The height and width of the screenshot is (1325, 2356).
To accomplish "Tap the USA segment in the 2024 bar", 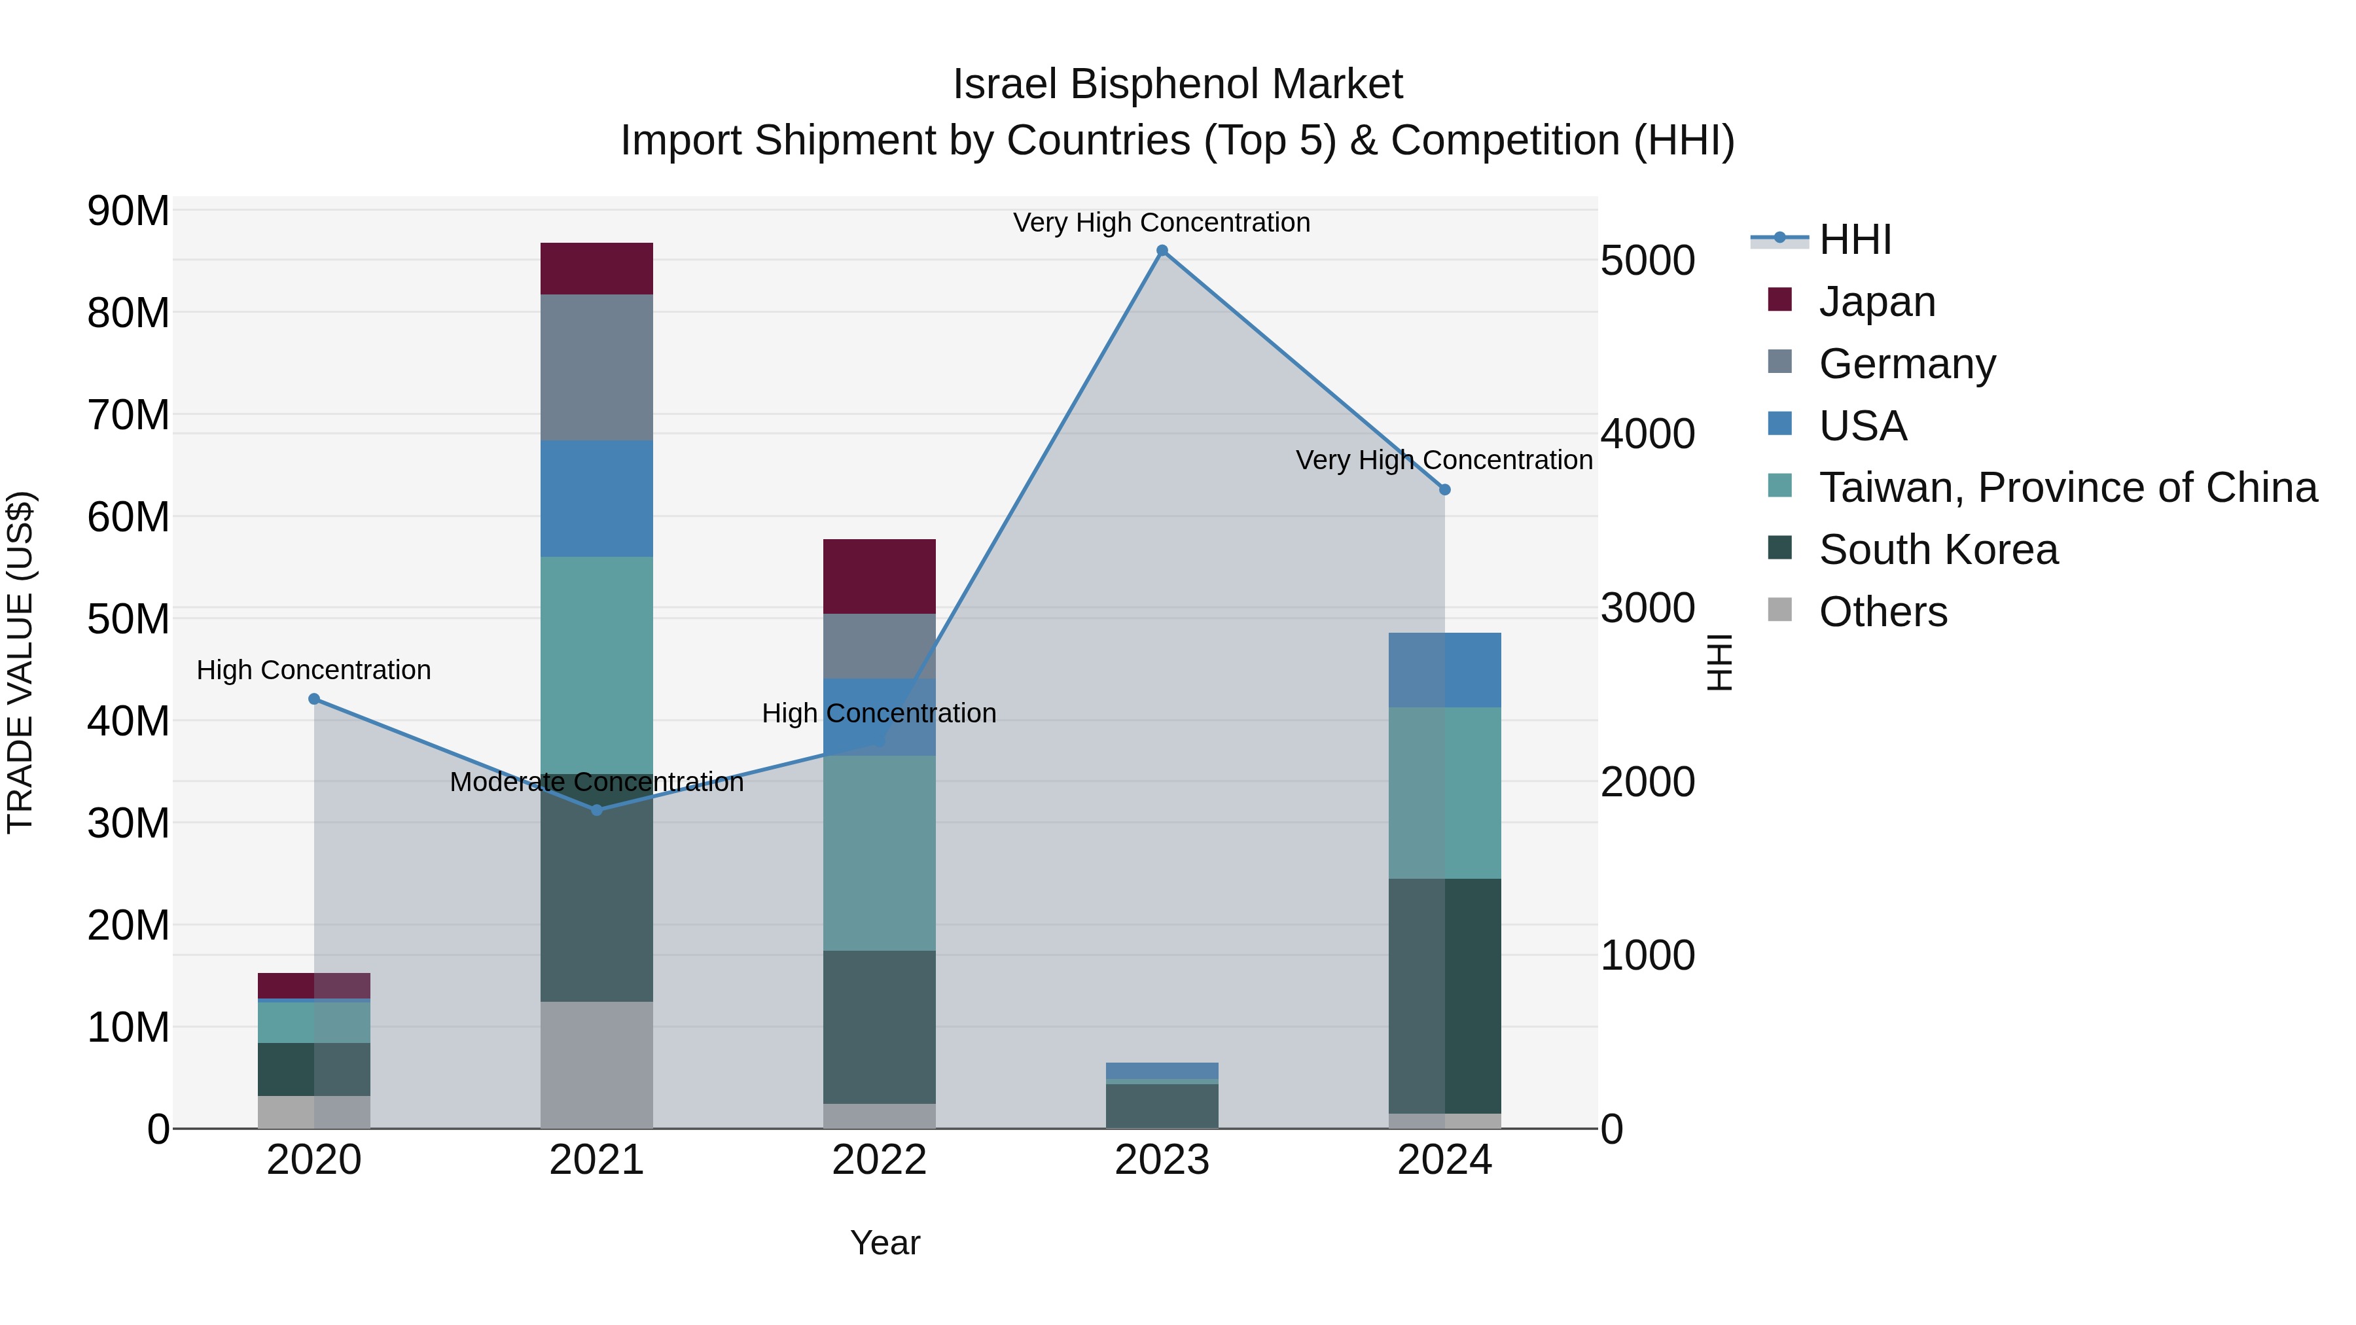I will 1444,669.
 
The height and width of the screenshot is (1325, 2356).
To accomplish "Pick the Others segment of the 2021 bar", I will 596,1065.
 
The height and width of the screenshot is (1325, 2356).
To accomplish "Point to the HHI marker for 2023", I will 1162,251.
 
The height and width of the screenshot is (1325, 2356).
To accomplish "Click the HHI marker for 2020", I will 313,699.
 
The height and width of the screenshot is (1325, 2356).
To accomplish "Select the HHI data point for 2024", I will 1444,490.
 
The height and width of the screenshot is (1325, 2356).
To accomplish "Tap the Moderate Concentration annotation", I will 596,783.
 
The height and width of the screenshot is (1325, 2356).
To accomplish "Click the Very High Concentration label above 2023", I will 1162,223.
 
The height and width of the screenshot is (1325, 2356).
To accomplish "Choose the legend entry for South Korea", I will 1938,550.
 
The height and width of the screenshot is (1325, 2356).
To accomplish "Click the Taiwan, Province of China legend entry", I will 2067,488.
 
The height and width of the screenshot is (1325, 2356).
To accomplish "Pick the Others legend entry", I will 1882,612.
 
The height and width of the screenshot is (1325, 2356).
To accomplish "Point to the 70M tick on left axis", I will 128,415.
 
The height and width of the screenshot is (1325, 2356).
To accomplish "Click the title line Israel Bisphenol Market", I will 1177,85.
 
